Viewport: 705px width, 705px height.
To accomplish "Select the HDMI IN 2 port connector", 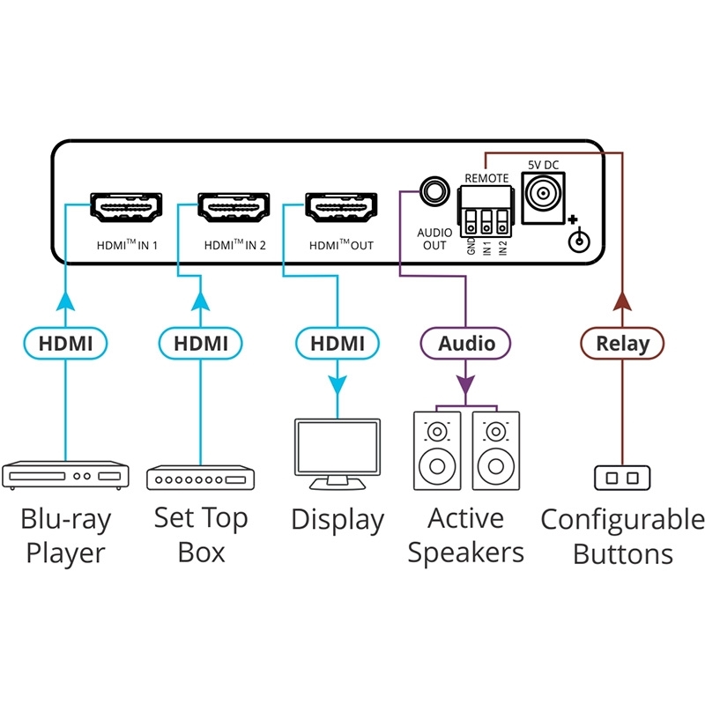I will (x=234, y=208).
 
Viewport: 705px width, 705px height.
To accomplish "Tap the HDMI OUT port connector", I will (x=339, y=208).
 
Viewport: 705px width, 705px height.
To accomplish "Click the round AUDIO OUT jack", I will (x=434, y=189).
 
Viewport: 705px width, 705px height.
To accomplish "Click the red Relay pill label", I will (x=622, y=343).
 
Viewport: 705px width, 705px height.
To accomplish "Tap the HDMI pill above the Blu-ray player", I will (x=66, y=343).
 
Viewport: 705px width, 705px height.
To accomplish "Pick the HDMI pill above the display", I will (x=337, y=343).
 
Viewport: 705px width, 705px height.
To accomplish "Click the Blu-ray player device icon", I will (x=66, y=475).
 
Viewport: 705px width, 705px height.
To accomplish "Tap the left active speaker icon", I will (x=438, y=449).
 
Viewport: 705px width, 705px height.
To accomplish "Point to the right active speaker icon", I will (x=496, y=449).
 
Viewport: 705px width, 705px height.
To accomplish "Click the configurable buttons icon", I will (x=622, y=478).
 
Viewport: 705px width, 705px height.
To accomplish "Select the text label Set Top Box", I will (x=201, y=535).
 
